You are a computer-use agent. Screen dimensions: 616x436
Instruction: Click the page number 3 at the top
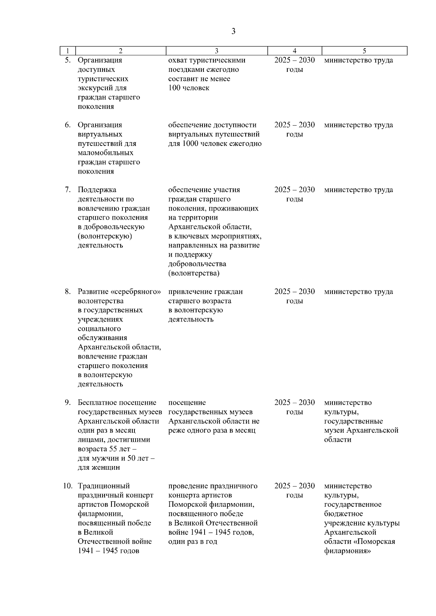click(x=233, y=32)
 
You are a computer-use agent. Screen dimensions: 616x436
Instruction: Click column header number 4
click(x=294, y=51)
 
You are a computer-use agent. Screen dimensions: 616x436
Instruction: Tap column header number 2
click(x=121, y=51)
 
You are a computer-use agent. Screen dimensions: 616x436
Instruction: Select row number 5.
click(x=68, y=60)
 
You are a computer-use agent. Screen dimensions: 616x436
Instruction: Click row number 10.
click(x=68, y=486)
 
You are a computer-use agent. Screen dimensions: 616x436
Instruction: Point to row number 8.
click(x=68, y=292)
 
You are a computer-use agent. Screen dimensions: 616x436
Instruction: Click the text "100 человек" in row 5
click(x=189, y=88)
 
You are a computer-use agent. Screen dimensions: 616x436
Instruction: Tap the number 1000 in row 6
click(x=190, y=144)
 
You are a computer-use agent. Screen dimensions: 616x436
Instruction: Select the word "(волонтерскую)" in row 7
click(x=105, y=236)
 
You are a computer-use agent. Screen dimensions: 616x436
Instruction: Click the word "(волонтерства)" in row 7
click(x=194, y=273)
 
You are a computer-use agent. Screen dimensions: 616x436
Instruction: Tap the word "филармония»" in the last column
click(x=347, y=551)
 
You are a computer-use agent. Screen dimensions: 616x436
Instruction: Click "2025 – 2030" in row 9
click(x=294, y=403)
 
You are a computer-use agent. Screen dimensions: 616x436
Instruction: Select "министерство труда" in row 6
click(x=358, y=125)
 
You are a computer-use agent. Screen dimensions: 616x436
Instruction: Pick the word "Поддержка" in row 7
click(x=97, y=190)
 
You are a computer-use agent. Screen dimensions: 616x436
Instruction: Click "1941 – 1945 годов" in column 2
click(x=108, y=551)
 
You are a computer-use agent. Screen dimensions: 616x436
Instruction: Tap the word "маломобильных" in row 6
click(x=105, y=153)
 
